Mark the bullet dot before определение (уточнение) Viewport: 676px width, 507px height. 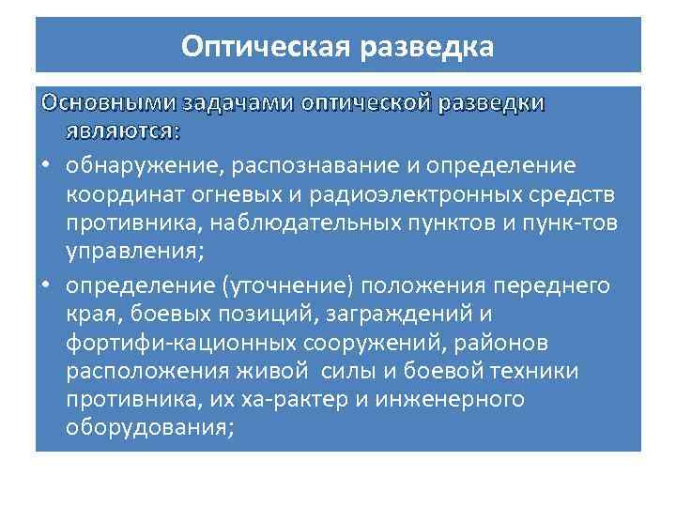pos(45,285)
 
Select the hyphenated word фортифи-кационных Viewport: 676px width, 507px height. pos(163,344)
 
